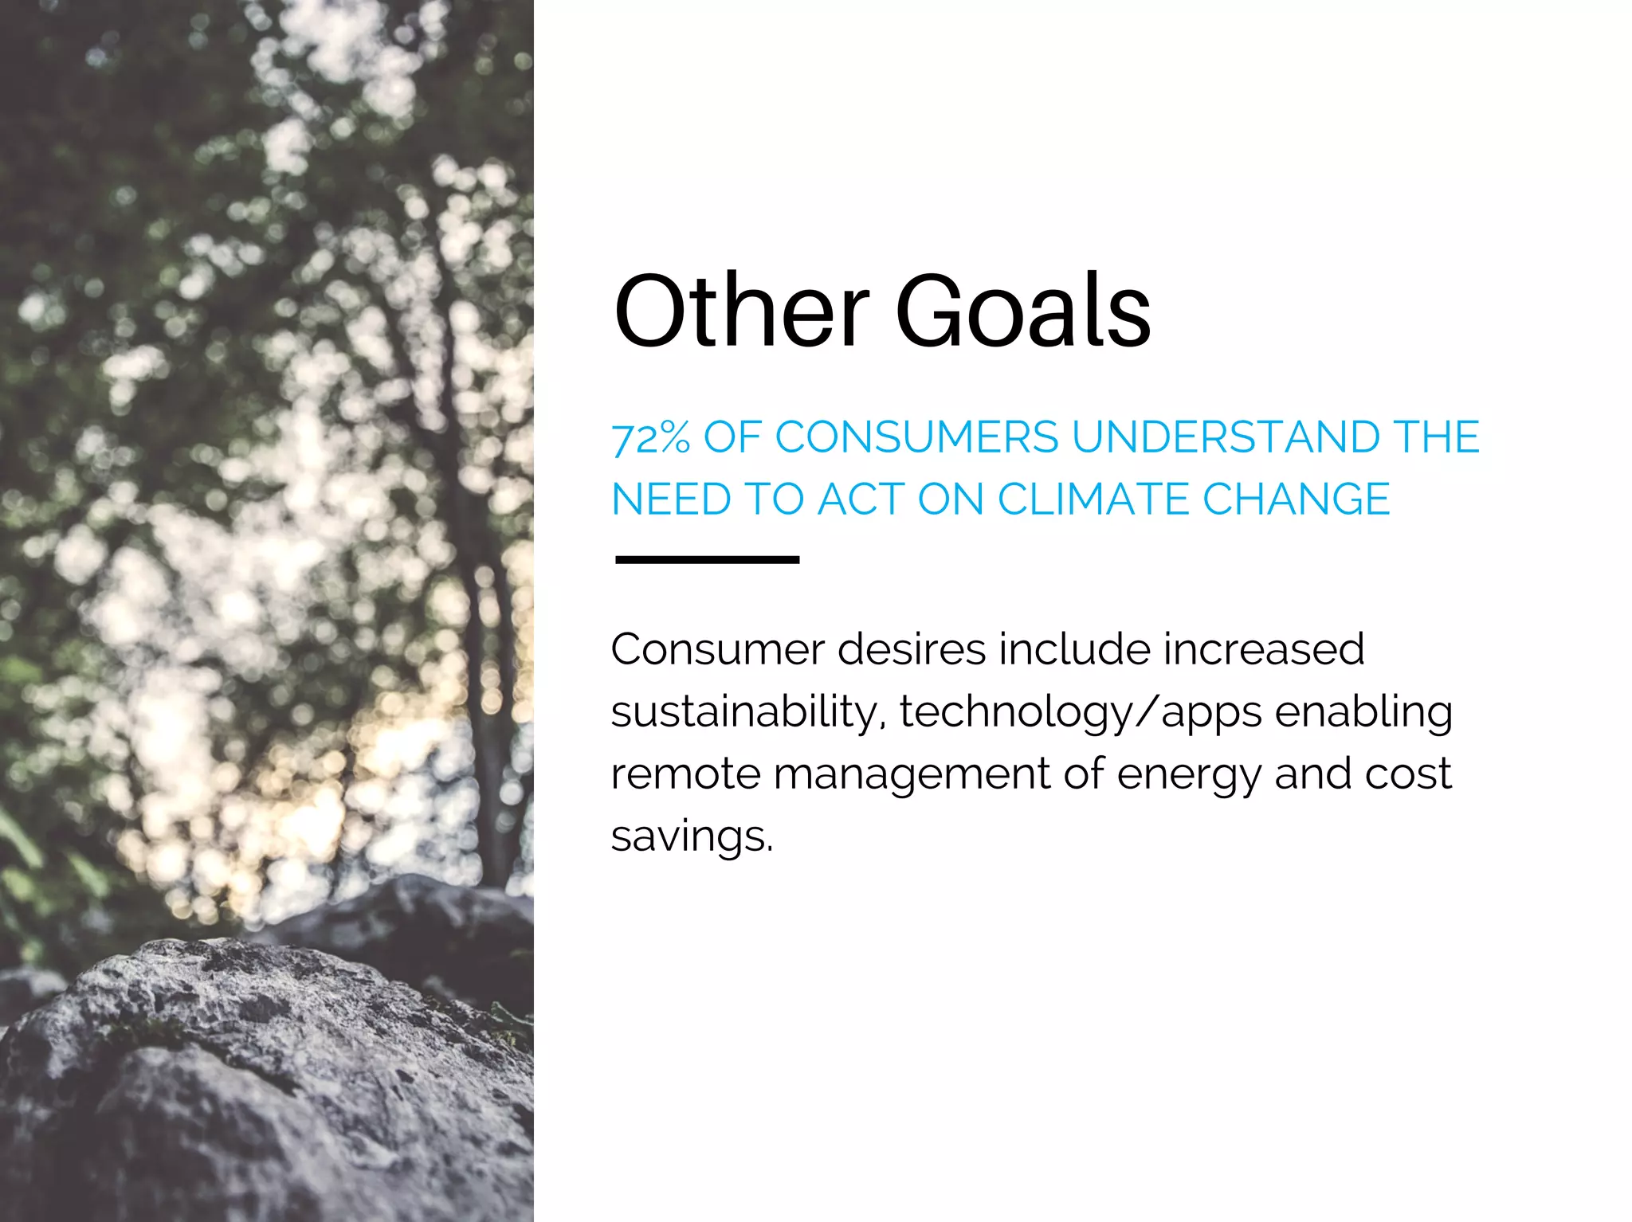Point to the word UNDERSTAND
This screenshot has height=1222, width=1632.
click(1226, 437)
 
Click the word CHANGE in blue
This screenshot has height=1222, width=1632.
click(1296, 499)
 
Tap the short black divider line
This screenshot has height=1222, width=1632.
click(708, 560)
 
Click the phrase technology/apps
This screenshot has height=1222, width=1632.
click(1081, 711)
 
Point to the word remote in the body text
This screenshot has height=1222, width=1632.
click(685, 774)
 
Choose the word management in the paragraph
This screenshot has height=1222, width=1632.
click(912, 775)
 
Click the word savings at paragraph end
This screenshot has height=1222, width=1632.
click(692, 836)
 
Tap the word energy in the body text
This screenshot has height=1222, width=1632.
click(1189, 775)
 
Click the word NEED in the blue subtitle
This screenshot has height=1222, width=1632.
click(671, 499)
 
